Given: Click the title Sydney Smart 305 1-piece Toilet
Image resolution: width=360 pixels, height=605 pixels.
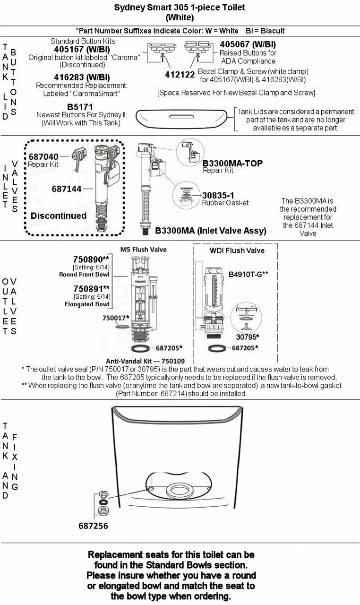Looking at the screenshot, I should (180, 8).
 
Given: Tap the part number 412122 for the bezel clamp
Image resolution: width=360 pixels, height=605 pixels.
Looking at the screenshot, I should (179, 74).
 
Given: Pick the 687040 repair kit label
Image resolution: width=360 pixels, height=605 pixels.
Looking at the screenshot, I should (43, 157).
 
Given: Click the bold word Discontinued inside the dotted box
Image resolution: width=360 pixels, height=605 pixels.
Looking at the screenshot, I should (59, 216).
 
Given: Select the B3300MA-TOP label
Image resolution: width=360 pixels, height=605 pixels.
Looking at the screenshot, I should (232, 163).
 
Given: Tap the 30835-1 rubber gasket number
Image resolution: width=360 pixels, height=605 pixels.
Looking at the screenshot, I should (218, 195).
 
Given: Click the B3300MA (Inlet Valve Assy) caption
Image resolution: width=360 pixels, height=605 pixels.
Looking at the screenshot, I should (211, 231).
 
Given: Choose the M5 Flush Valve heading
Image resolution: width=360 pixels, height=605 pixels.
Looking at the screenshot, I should (144, 250).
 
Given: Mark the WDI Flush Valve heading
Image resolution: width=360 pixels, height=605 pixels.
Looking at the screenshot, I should (237, 250).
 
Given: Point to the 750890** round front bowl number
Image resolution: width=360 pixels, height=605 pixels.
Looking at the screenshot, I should (91, 259).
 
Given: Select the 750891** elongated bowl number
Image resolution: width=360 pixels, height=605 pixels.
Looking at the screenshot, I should (91, 288).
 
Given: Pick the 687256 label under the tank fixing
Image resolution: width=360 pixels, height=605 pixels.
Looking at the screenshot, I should (94, 526).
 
